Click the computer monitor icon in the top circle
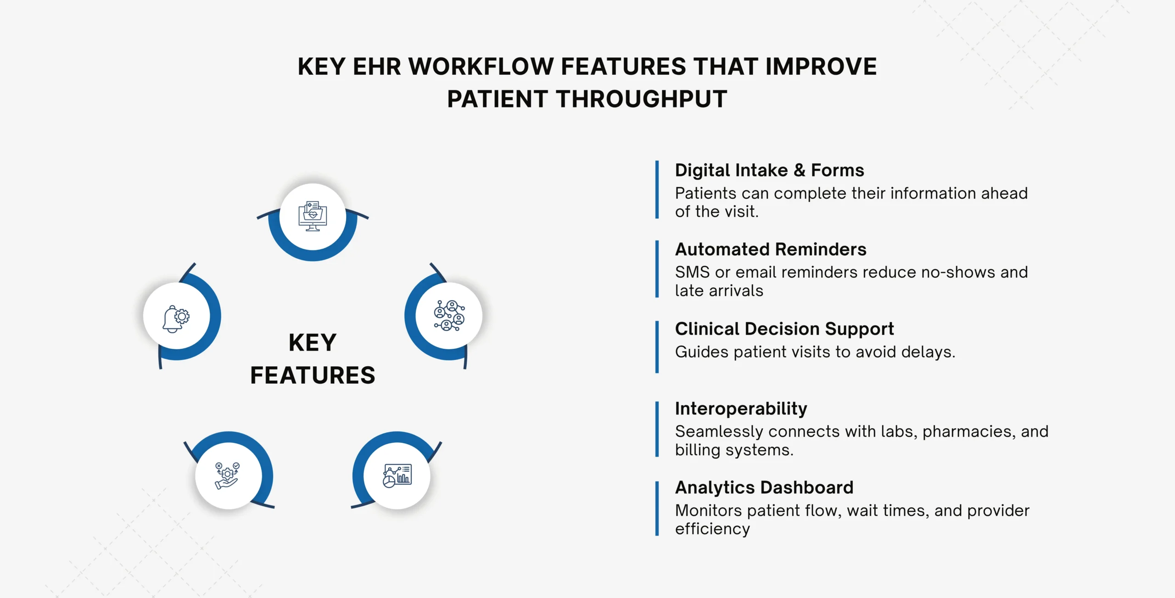pyautogui.click(x=313, y=216)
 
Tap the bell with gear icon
pyautogui.click(x=176, y=318)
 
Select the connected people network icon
pyautogui.click(x=449, y=316)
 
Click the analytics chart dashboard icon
pyautogui.click(x=397, y=475)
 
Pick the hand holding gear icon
pyautogui.click(x=227, y=475)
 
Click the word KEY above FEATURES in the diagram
pyautogui.click(x=313, y=343)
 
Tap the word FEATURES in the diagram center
pyautogui.click(x=313, y=375)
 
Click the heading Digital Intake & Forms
pyautogui.click(x=769, y=170)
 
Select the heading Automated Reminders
pyautogui.click(x=771, y=249)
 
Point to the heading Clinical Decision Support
pyautogui.click(x=784, y=329)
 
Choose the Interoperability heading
pyautogui.click(x=741, y=408)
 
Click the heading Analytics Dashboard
pyautogui.click(x=764, y=487)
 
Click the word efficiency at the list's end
pyautogui.click(x=712, y=529)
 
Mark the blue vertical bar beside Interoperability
pyautogui.click(x=657, y=429)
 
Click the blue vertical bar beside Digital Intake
pyautogui.click(x=657, y=190)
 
